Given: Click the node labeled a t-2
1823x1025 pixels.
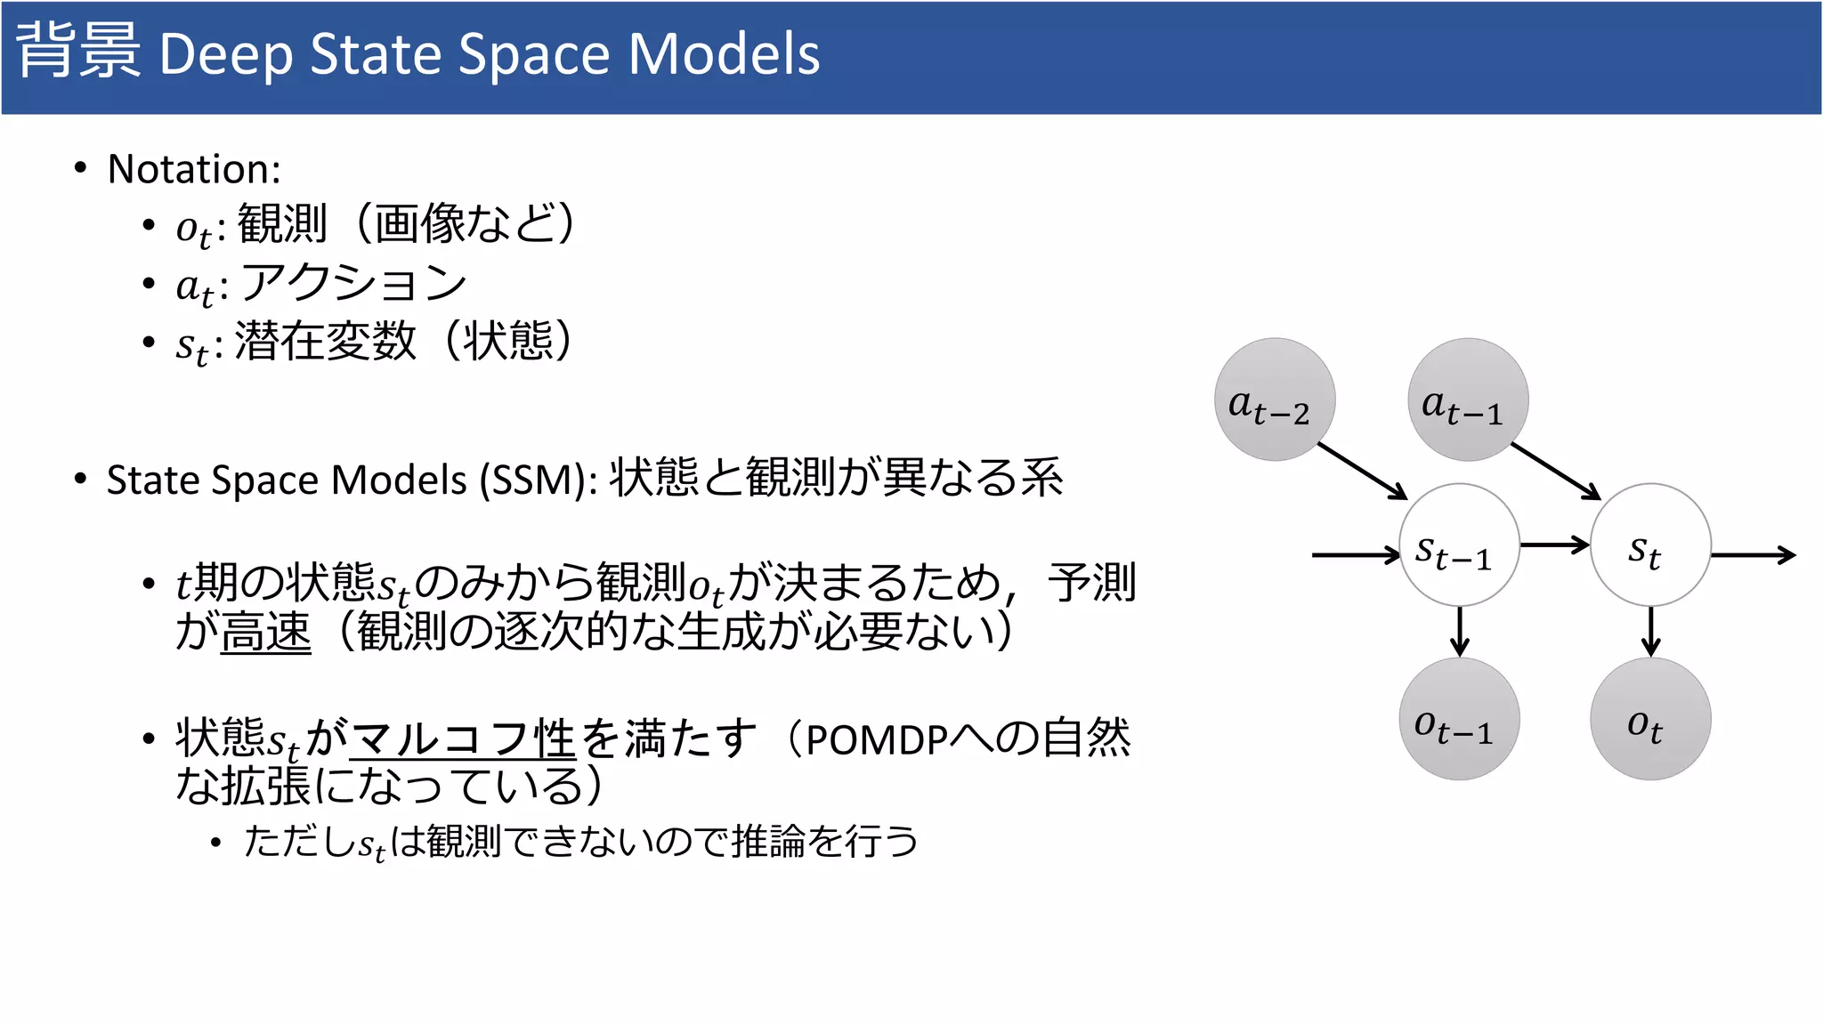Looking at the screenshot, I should (1275, 400).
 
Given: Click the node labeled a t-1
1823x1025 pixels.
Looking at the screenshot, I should (1468, 400).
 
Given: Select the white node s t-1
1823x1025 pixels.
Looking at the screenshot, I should (1459, 545).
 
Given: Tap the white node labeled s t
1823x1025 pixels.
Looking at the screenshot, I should (1650, 545).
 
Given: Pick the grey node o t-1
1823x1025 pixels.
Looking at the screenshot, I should (1459, 719).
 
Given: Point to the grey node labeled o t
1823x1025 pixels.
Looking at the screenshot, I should (1650, 719).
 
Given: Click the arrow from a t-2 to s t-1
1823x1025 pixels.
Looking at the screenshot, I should (1362, 471).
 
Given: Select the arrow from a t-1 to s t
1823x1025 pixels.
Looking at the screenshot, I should (1555, 471).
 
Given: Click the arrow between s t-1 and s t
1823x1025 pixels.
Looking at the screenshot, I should (1554, 545).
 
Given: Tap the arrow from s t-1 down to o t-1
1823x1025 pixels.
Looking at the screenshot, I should (1459, 632).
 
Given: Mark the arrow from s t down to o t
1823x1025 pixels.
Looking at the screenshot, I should (1651, 632).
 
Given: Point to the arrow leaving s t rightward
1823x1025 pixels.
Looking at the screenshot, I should (1753, 555).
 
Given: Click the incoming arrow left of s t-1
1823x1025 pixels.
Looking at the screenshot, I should (1356, 555).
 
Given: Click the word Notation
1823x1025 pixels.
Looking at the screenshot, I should (193, 169).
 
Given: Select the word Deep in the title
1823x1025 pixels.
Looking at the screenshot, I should (225, 55).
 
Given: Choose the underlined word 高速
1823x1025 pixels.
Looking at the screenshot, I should (265, 633).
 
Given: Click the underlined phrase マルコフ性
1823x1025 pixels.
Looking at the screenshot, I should (463, 738).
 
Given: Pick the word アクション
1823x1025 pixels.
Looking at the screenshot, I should (354, 283).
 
